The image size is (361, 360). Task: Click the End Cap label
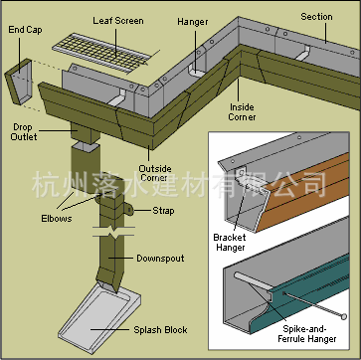pyautogui.click(x=25, y=30)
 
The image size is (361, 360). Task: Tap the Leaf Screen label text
pyautogui.click(x=118, y=21)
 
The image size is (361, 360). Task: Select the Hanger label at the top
pyautogui.click(x=193, y=22)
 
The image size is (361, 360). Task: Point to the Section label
pyautogui.click(x=316, y=17)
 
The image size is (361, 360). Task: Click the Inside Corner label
pyautogui.click(x=242, y=112)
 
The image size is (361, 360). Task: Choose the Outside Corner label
pyautogui.click(x=155, y=173)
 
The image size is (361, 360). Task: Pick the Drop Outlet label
pyautogui.click(x=23, y=132)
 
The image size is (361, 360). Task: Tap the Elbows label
pyautogui.click(x=57, y=219)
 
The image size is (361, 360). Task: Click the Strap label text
pyautogui.click(x=163, y=211)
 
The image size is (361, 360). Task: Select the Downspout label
pyautogui.click(x=160, y=259)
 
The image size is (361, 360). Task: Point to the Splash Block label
pyautogui.click(x=160, y=330)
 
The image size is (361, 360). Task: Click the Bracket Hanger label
pyautogui.click(x=230, y=243)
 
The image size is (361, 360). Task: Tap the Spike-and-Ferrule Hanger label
pyautogui.click(x=307, y=334)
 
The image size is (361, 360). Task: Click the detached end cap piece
pyautogui.click(x=19, y=82)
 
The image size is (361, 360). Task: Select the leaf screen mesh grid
pyautogui.click(x=101, y=51)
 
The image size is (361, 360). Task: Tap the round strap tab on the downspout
pyautogui.click(x=128, y=210)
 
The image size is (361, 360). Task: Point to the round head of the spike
pyautogui.click(x=344, y=316)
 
